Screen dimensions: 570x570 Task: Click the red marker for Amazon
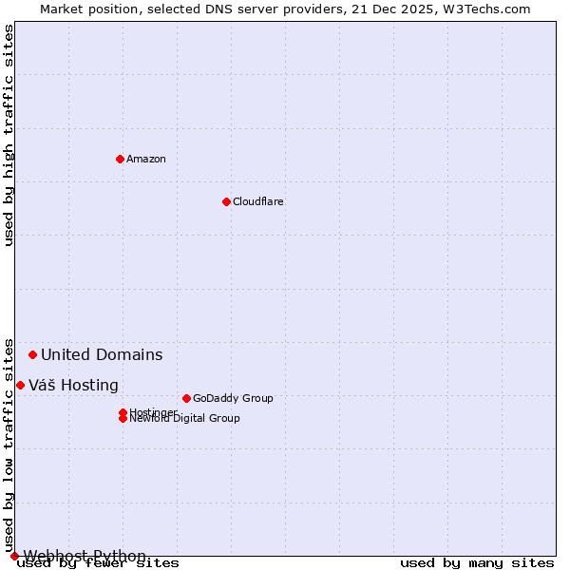tap(120, 159)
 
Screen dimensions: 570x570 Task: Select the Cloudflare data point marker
tap(226, 201)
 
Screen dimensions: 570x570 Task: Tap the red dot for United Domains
tap(32, 354)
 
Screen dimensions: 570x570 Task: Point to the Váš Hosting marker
tap(20, 385)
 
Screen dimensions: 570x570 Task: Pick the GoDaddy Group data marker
tap(186, 398)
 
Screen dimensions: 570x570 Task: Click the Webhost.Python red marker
tap(14, 556)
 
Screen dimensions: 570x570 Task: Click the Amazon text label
tap(145, 159)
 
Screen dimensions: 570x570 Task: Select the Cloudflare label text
tap(257, 201)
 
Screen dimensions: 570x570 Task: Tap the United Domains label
tap(102, 355)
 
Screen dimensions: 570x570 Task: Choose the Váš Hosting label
tap(73, 386)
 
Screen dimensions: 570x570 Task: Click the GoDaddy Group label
tap(233, 398)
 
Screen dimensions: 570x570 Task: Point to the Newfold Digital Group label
tap(184, 419)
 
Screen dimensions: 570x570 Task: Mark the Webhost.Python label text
tap(85, 556)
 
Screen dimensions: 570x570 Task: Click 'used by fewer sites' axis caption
tap(98, 562)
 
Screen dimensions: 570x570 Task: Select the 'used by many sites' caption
tap(477, 562)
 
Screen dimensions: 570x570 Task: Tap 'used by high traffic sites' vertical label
tap(9, 135)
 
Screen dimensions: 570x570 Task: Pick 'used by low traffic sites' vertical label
tap(9, 445)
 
